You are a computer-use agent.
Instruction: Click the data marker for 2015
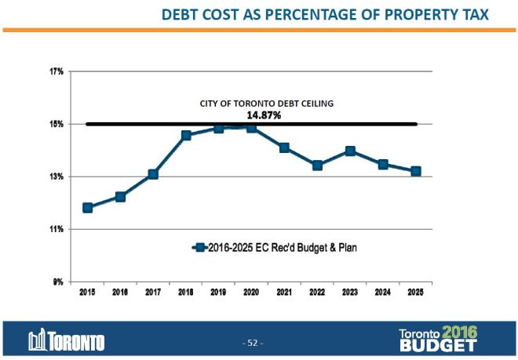(88, 208)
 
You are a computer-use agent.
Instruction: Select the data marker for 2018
(186, 136)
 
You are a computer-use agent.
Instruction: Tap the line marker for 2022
(317, 165)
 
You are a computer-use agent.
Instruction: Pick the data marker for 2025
(416, 171)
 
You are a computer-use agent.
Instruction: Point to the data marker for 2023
(350, 151)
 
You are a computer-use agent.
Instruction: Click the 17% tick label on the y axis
(57, 71)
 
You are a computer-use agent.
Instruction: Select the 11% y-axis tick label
(57, 229)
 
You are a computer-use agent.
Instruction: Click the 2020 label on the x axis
(251, 293)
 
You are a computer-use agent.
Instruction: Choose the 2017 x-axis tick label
(153, 293)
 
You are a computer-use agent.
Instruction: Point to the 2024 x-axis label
(383, 293)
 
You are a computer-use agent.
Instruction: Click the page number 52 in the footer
(253, 343)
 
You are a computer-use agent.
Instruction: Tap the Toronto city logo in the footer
(67, 341)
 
